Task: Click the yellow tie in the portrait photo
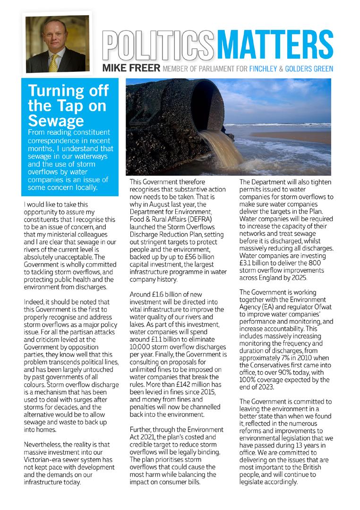pyautogui.click(x=53, y=62)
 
